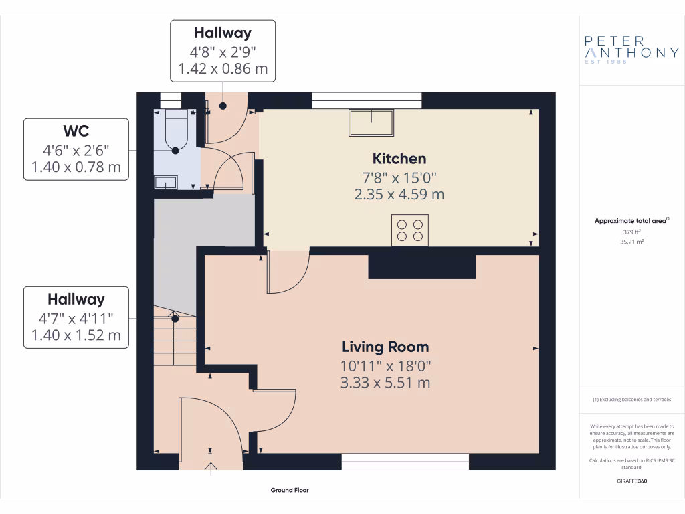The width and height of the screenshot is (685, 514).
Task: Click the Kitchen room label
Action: tap(399, 159)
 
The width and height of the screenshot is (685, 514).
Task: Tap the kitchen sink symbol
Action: tap(371, 122)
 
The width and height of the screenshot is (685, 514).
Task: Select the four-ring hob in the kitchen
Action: tap(409, 230)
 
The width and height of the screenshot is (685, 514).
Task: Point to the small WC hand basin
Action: tap(165, 181)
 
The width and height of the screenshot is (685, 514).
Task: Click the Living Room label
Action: tap(385, 347)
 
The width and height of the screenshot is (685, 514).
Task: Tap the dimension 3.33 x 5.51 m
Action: tap(385, 383)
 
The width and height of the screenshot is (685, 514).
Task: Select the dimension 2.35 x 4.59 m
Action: tap(399, 195)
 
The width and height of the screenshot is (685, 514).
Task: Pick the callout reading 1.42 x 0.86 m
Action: tap(223, 68)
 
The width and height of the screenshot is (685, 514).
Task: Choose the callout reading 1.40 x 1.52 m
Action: tap(76, 335)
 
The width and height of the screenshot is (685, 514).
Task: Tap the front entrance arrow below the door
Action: tap(211, 468)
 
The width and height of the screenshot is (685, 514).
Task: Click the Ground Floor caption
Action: tap(290, 490)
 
